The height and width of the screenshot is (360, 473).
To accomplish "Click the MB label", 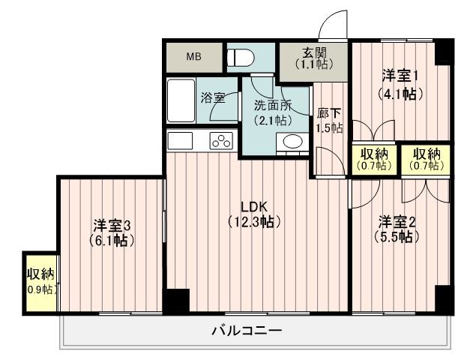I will point(193,57).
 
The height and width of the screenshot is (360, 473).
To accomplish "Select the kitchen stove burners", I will point(223,140).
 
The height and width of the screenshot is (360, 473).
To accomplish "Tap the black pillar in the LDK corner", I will point(176,301).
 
